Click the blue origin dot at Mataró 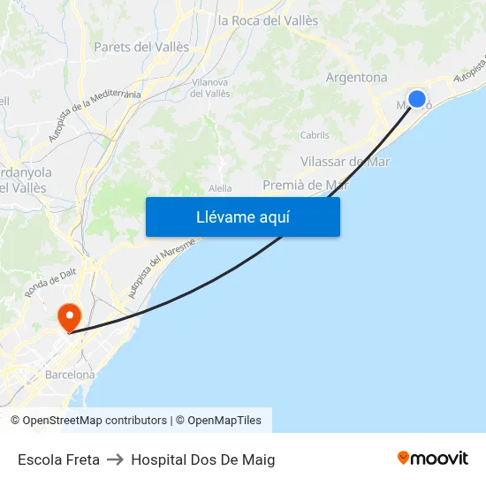click(417, 99)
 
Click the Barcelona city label click(70, 375)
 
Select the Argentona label click(356, 78)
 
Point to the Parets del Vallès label click(141, 47)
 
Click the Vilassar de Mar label click(345, 162)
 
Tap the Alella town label click(220, 188)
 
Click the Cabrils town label click(315, 135)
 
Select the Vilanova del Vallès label click(210, 87)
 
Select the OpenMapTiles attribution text click(224, 421)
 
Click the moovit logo click(432, 459)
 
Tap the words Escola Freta click(58, 459)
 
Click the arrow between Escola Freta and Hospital click(115, 459)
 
